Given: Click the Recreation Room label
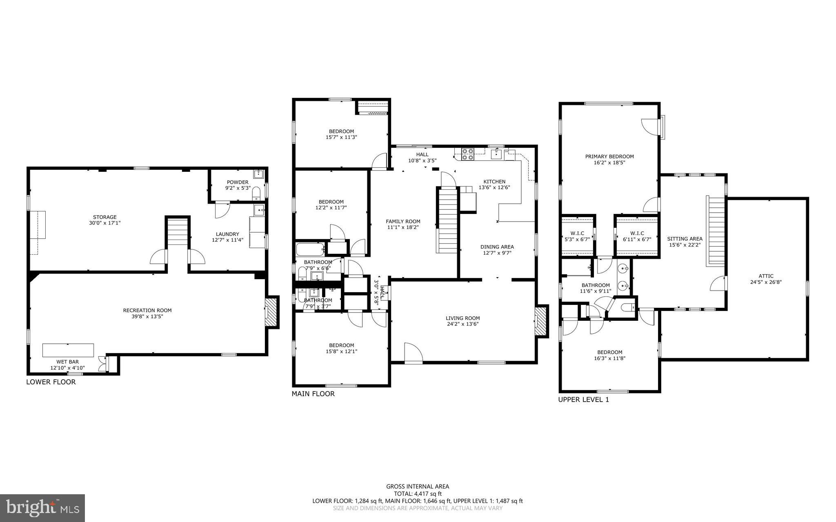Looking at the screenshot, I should (x=147, y=311).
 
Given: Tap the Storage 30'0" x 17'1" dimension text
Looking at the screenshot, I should (x=104, y=223).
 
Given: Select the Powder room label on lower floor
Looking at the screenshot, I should (x=238, y=182).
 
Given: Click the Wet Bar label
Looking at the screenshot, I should (x=67, y=362).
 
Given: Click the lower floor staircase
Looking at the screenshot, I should (x=178, y=232).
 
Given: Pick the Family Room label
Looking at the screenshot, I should (x=403, y=222).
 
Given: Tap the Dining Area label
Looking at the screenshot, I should (x=497, y=247).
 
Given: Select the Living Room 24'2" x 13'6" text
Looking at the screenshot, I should (x=462, y=324).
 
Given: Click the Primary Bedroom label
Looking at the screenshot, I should (x=609, y=156).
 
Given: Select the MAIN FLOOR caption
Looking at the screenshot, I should (x=313, y=394).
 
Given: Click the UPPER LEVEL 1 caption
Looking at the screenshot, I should (x=583, y=400).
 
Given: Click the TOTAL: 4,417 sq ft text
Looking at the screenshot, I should (x=418, y=493).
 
